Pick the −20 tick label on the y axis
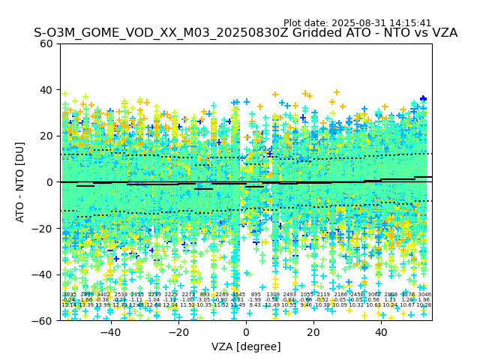[44, 228]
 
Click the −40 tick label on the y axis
[44, 274]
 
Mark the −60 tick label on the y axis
[44, 320]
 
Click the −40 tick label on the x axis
[110, 332]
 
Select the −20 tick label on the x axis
[178, 332]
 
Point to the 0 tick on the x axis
[246, 332]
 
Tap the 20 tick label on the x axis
[313, 332]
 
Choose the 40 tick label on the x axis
[381, 332]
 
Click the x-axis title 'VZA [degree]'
[246, 346]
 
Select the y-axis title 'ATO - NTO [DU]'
[21, 182]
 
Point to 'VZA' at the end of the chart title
[442, 33]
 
